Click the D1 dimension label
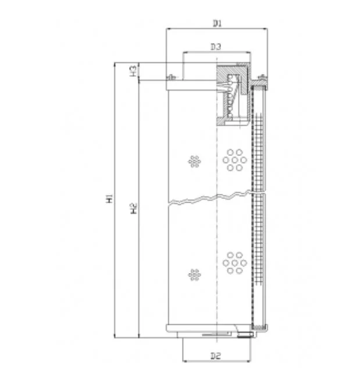tap(217, 23)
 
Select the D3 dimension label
tap(216, 47)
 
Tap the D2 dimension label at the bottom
tap(216, 356)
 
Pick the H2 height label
tap(134, 208)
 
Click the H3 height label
tap(133, 71)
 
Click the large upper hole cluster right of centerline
tap(235, 160)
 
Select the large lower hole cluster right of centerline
tap(235, 263)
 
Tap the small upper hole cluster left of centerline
tap(194, 161)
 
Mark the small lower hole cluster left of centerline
tap(194, 275)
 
